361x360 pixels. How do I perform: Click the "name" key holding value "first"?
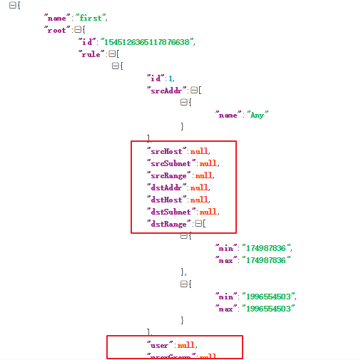click(58, 17)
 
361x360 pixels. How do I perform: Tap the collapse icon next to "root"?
click(78, 29)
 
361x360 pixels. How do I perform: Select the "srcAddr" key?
click(167, 90)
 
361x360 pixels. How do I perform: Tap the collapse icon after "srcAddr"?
click(193, 90)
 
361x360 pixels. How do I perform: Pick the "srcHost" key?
click(166, 151)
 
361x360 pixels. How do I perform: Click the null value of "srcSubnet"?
click(209, 163)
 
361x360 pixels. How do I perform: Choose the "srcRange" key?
click(169, 175)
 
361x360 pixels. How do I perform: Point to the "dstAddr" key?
click(166, 187)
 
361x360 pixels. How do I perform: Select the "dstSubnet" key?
click(171, 212)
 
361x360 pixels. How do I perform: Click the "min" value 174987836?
click(266, 248)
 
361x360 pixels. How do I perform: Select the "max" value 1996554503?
click(269, 309)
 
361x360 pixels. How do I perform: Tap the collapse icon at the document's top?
click(13, 5)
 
